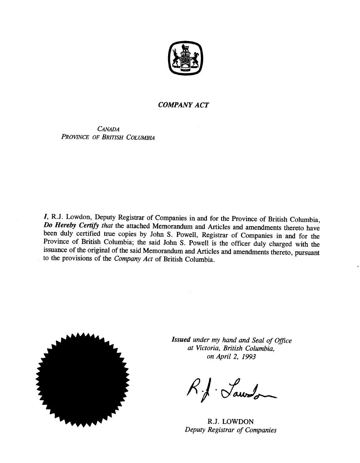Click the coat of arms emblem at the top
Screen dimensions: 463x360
185,59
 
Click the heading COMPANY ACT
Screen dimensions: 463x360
183,105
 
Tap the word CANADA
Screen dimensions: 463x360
108,129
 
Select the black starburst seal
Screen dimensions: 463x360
82,379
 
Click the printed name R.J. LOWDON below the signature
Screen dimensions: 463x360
230,421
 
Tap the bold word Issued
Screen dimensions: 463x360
181,340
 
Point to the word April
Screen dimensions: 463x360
224,357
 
